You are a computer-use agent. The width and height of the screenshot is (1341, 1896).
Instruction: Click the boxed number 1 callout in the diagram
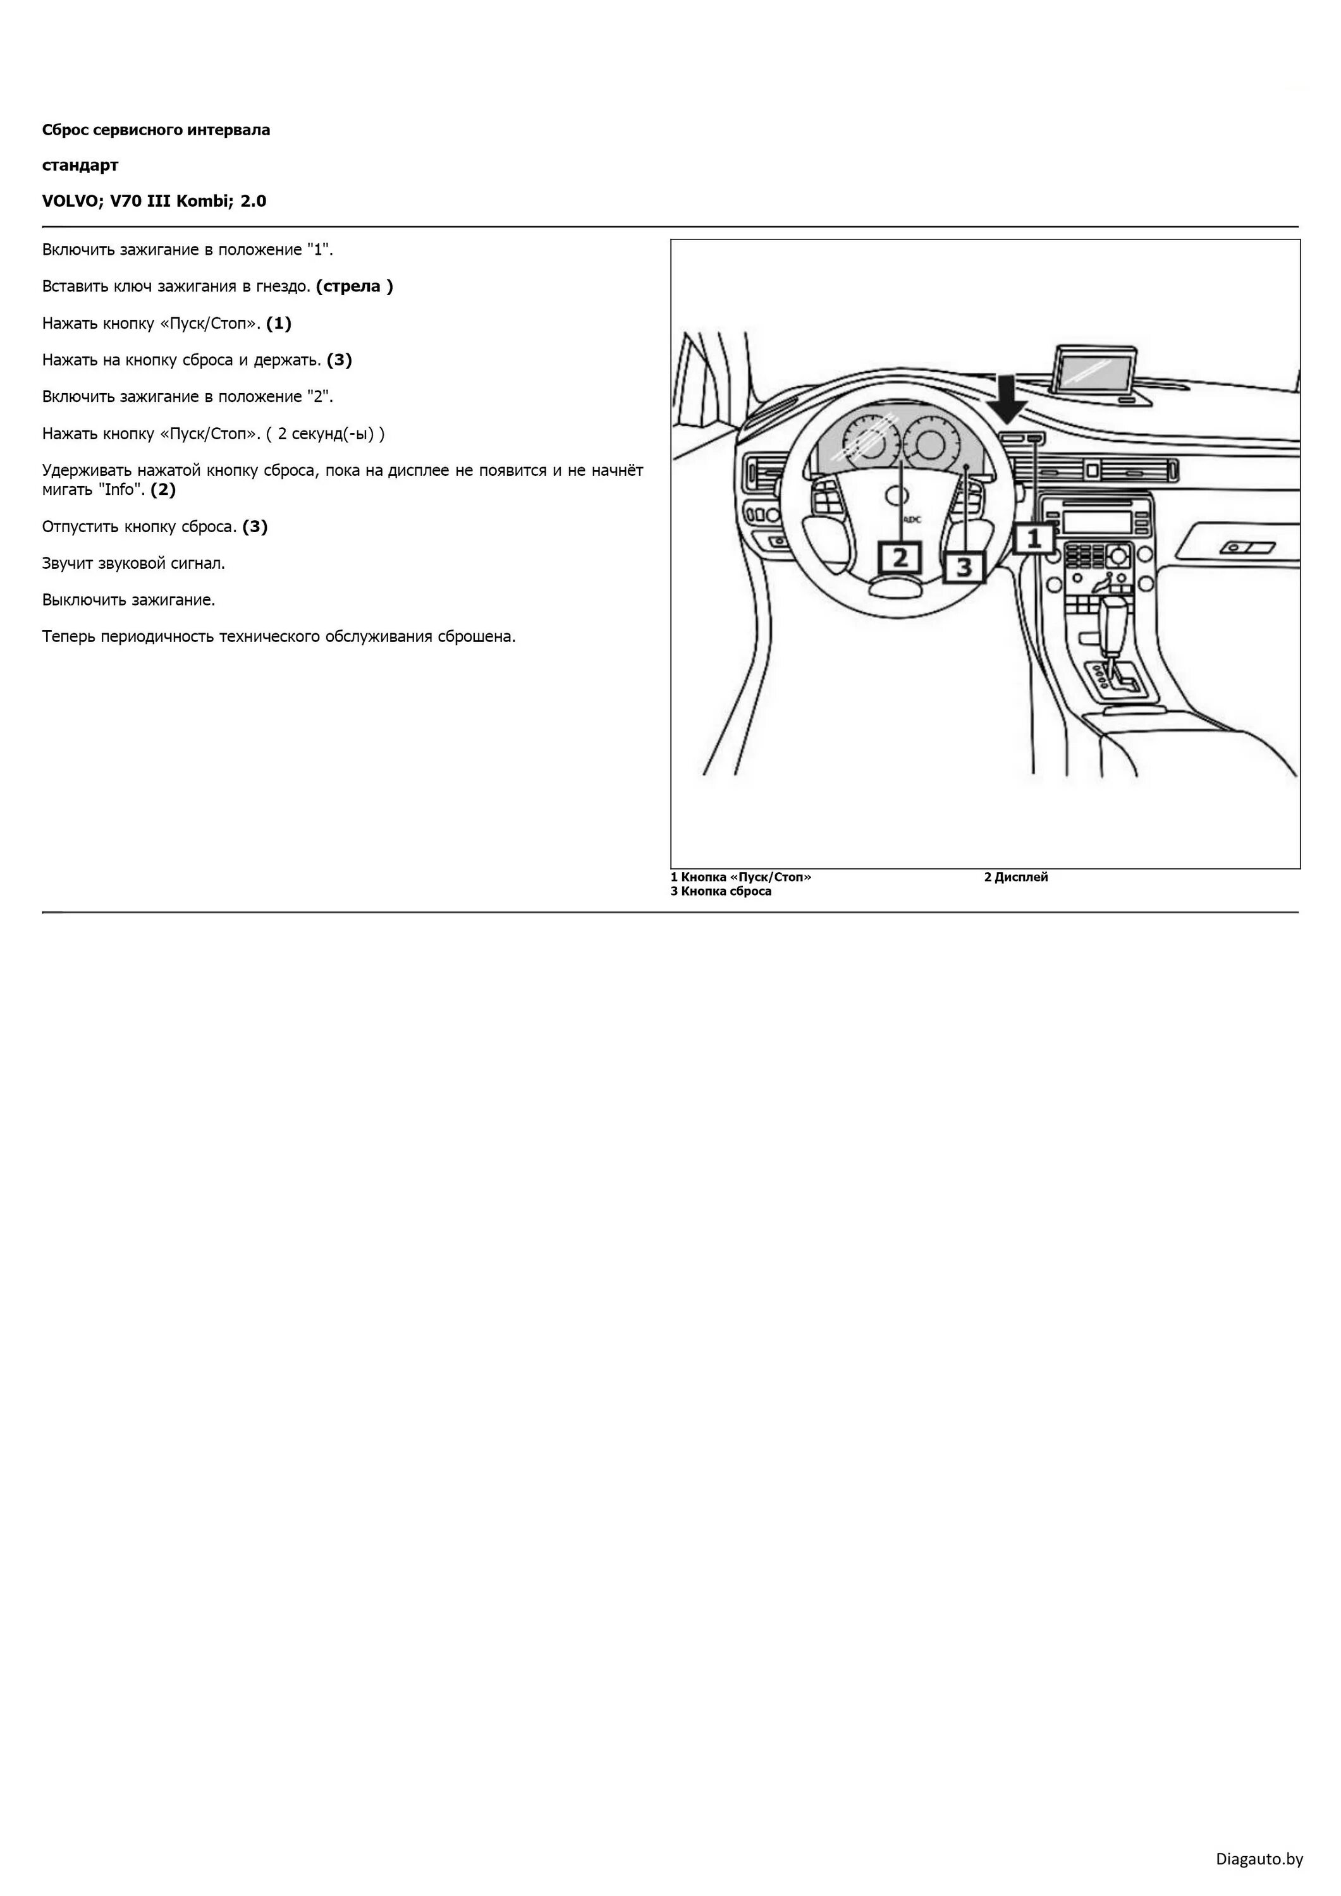point(1033,539)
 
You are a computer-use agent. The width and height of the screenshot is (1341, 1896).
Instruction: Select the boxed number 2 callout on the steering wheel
point(900,557)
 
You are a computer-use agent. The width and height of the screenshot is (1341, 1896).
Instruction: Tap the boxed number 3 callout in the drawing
point(964,568)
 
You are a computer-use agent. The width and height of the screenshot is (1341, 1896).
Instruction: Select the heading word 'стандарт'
point(80,165)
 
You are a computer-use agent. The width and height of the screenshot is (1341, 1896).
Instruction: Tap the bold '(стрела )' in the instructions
point(355,286)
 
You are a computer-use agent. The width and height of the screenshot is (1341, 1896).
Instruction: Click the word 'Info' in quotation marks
point(119,490)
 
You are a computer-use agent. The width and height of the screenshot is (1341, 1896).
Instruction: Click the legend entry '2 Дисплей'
point(1015,877)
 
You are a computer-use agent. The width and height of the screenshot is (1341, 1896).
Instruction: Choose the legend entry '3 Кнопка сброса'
point(721,891)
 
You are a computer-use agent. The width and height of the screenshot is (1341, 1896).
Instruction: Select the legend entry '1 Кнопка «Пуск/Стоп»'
point(740,877)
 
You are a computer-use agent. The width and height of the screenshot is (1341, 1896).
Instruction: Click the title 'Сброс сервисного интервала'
point(156,130)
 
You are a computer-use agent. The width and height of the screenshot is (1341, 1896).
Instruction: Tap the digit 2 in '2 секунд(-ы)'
point(282,434)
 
